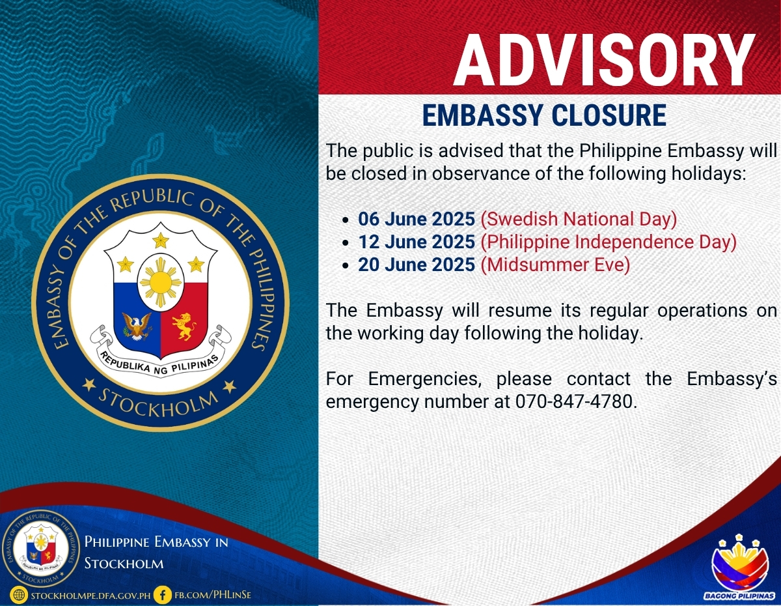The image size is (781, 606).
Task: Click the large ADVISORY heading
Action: pos(605,60)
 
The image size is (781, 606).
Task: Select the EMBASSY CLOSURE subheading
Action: pos(544,115)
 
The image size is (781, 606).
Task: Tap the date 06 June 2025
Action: pos(417,219)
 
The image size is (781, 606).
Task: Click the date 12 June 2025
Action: pos(417,242)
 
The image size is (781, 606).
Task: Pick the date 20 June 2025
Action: pos(417,265)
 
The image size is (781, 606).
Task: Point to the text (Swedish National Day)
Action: pos(579,219)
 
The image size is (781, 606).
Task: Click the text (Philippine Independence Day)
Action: pos(609,242)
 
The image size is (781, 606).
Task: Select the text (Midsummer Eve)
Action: pos(555,265)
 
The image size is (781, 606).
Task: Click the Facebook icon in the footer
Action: pos(163,595)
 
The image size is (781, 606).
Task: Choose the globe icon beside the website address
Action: pos(19,595)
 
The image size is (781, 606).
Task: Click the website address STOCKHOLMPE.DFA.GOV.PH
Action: pos(90,596)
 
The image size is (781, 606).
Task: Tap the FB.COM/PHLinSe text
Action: pos(213,595)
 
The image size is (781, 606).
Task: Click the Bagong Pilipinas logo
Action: pos(739,569)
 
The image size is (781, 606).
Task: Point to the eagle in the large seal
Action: pos(137,326)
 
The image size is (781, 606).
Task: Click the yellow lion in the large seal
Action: pos(184,326)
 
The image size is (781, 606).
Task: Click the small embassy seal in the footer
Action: pos(41,549)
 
